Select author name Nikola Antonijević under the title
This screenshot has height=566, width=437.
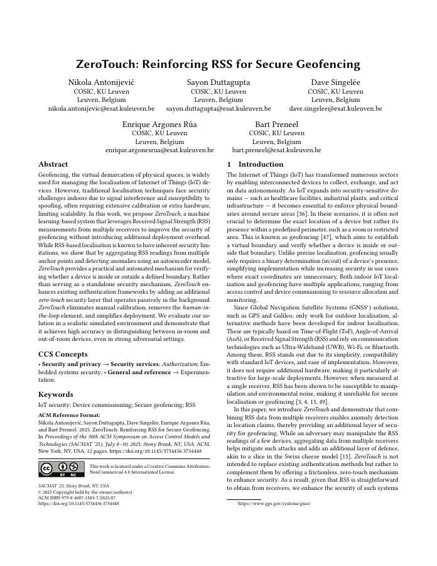click(101, 82)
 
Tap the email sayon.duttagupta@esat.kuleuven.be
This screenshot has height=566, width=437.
click(218, 108)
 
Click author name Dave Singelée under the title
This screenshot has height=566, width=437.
click(335, 82)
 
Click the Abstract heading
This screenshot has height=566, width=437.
click(54, 165)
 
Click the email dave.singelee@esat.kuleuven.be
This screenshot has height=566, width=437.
click(335, 108)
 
